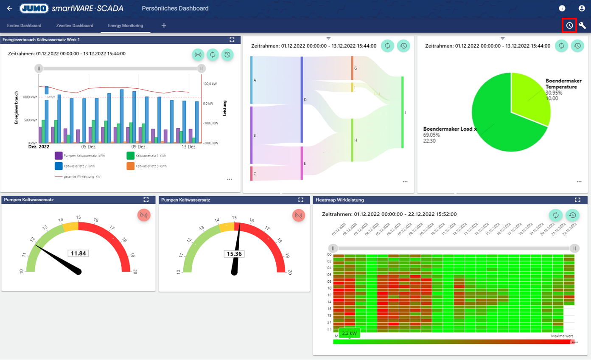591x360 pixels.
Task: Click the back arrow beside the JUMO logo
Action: tap(9, 8)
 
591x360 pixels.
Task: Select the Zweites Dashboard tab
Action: tap(75, 25)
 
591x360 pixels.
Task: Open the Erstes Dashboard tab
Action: tap(24, 25)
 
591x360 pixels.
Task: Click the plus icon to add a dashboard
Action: tap(164, 25)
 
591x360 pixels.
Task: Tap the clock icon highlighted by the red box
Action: tap(569, 25)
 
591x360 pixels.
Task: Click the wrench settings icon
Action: tap(583, 25)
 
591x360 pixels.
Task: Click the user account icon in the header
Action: tap(582, 8)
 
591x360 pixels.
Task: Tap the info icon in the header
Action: tap(562, 8)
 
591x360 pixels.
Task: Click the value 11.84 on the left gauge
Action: tap(78, 253)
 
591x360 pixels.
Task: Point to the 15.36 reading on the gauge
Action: tap(234, 254)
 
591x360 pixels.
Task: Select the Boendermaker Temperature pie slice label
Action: tap(563, 84)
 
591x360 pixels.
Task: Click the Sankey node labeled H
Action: tap(352, 140)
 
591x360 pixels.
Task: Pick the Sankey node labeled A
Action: tap(251, 80)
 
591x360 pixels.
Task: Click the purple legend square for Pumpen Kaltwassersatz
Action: tap(59, 156)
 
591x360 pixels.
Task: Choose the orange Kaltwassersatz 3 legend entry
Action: tap(131, 166)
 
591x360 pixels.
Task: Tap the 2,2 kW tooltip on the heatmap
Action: tap(349, 333)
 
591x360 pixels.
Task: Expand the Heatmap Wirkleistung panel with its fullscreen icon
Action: tap(577, 200)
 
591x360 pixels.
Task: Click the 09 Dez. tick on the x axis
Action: tap(139, 147)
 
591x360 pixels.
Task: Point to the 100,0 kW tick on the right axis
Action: tap(210, 84)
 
